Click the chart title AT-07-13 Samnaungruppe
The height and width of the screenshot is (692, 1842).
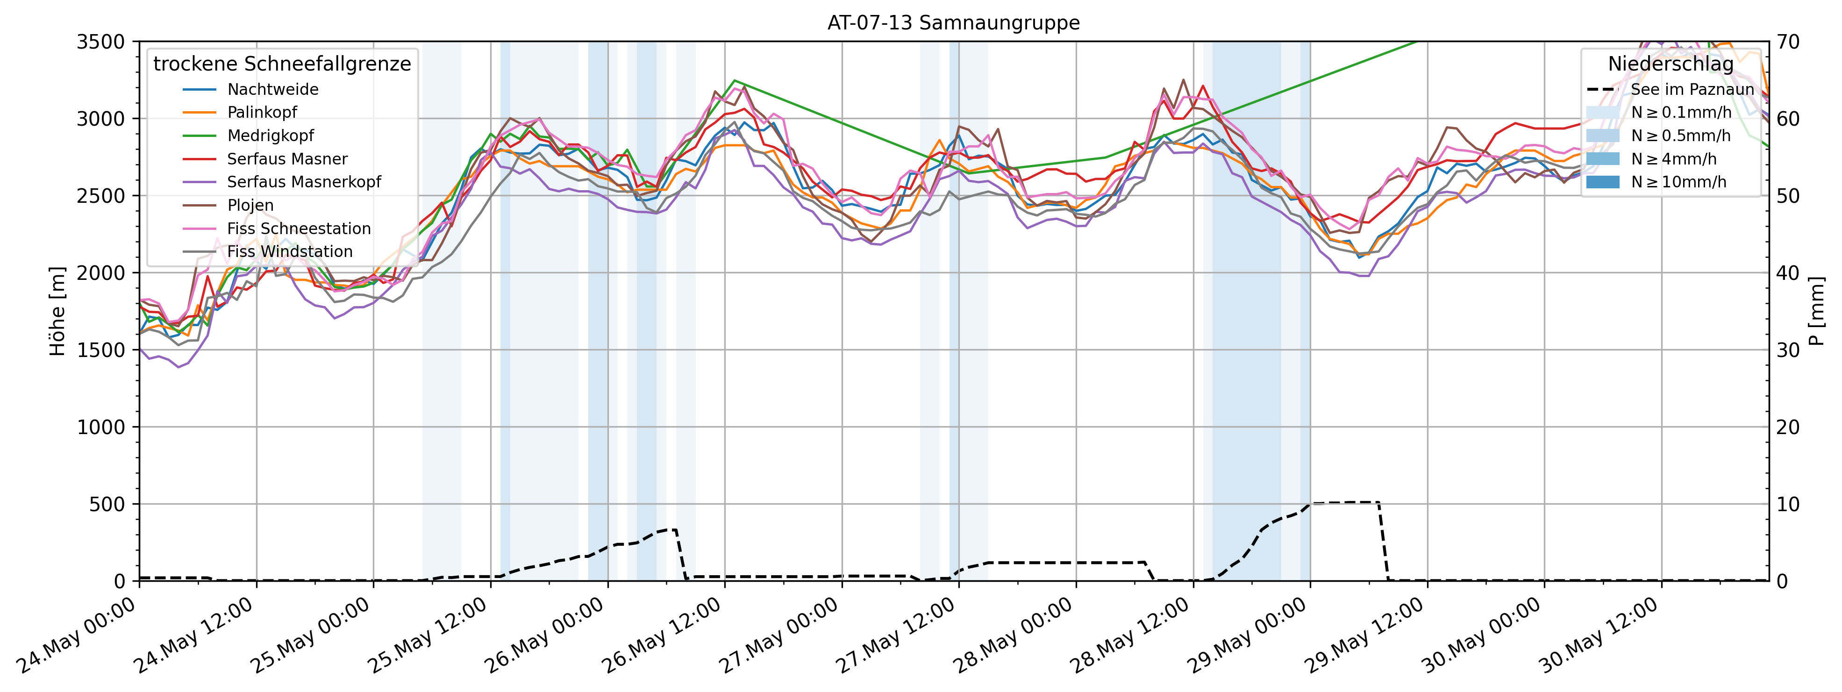(953, 23)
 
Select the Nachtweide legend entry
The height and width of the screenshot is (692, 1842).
(272, 89)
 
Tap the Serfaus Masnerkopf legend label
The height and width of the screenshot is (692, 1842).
(304, 182)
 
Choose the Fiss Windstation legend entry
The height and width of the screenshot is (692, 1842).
(290, 252)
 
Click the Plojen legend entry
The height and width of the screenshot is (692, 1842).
(250, 205)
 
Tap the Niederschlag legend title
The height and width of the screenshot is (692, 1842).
(1671, 64)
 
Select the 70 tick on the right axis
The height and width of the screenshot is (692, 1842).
(1790, 42)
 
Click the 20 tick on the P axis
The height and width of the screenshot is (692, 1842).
(1790, 427)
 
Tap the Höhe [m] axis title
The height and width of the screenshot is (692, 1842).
(57, 311)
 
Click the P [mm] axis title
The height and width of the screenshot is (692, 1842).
(1817, 311)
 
